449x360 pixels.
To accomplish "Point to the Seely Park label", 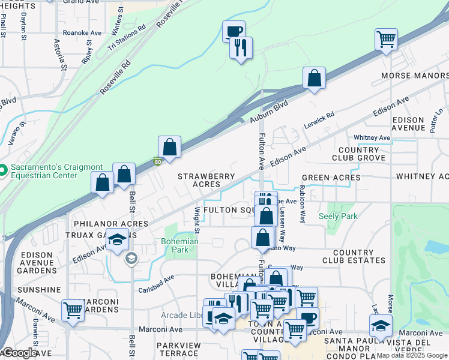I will coord(338,216).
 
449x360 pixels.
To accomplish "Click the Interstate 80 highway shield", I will coord(157,161).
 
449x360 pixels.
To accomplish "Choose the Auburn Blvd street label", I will coord(269,113).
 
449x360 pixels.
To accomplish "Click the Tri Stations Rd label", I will coord(127,37).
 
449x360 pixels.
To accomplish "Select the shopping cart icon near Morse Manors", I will coord(386,40).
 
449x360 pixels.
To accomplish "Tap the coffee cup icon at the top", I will coord(234,31).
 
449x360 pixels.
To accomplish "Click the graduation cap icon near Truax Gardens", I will coord(118,239).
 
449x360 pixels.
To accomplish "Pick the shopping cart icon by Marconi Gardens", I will coord(73,311).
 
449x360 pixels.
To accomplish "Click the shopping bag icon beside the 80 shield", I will coord(170,147).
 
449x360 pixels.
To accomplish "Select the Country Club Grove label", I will coord(358,154).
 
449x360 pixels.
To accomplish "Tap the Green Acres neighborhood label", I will coord(331,178).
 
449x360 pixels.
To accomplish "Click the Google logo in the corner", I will coord(19,353).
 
